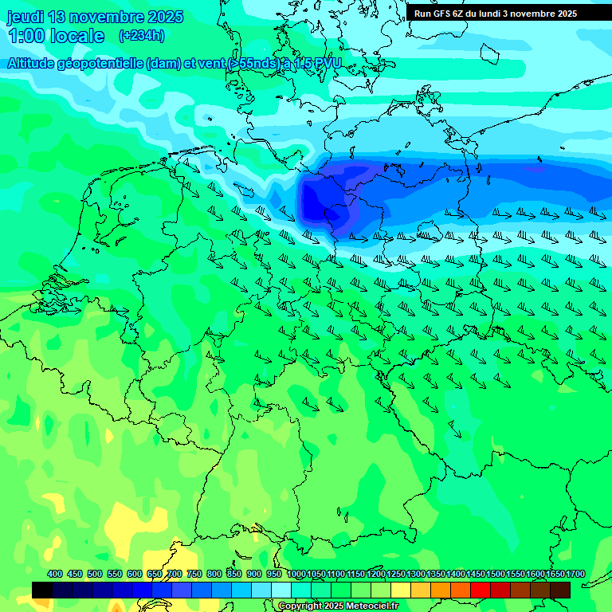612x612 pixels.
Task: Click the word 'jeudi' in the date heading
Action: click(x=25, y=17)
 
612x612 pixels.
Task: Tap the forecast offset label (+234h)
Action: click(x=141, y=36)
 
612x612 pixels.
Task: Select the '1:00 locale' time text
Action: click(x=56, y=36)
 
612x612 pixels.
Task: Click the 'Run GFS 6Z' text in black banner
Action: click(x=437, y=14)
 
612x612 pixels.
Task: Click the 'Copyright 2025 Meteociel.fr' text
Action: click(x=338, y=606)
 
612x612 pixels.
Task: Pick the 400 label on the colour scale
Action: click(x=55, y=574)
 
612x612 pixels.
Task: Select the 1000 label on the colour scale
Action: click(x=296, y=574)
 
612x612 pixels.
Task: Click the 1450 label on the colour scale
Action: click(x=477, y=574)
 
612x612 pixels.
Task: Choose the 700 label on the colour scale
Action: click(x=175, y=574)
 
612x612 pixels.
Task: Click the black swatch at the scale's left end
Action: click(x=42, y=590)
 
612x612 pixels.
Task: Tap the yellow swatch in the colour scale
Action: click(x=401, y=590)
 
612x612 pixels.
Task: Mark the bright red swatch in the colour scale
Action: click(x=481, y=590)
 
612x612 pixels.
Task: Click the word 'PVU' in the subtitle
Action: click(x=326, y=63)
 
